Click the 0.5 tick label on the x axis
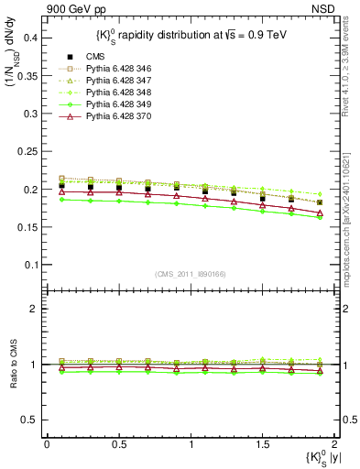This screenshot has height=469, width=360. pos(118,443)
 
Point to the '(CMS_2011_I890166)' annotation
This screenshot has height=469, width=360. pos(190,274)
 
